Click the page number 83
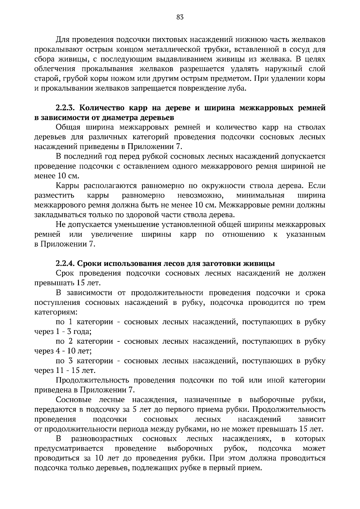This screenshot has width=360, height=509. [180, 17]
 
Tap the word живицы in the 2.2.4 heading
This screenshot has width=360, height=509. [260, 263]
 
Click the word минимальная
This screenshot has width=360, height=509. [260, 195]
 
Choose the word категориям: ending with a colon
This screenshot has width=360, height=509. [56, 312]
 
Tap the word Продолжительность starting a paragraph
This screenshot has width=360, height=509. [92, 380]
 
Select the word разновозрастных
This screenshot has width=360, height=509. [102, 439]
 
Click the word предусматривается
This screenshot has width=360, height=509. [69, 449]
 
